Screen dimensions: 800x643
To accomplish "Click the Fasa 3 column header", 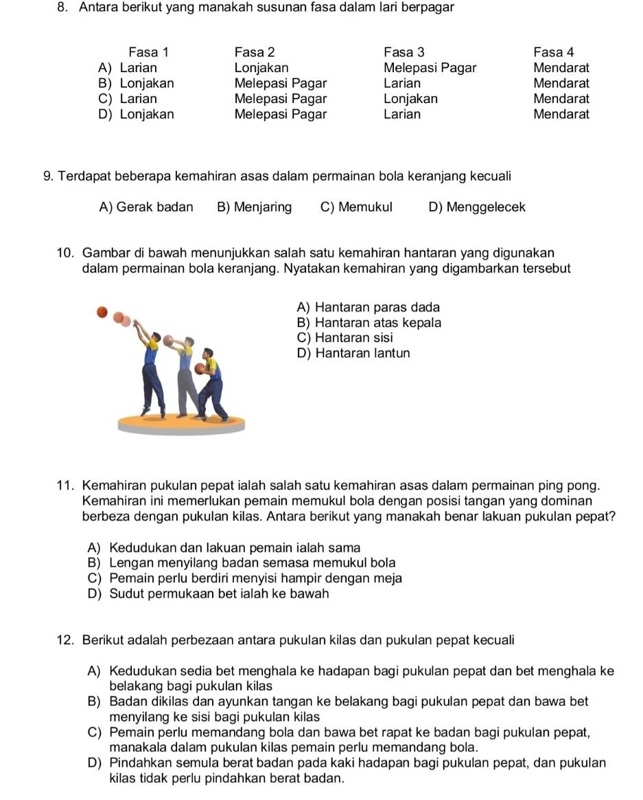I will tap(404, 52).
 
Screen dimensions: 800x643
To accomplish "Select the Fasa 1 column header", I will tap(148, 52).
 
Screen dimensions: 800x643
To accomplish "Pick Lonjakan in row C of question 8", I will tap(410, 98).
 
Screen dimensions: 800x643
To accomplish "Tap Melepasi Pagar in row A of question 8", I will tap(430, 68).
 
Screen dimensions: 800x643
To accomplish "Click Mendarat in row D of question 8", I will tap(561, 114).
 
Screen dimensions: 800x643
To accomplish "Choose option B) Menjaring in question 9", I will tap(254, 207).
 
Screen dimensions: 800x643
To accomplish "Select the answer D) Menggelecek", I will tap(476, 207).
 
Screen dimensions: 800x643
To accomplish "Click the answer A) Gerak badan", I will tap(146, 207).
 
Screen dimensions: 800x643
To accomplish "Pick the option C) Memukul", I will tap(356, 207).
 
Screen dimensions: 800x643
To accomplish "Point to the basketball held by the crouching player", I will tap(200, 369).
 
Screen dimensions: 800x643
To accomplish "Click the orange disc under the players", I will tap(180, 424).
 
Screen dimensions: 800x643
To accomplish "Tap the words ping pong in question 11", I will tap(578, 486).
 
